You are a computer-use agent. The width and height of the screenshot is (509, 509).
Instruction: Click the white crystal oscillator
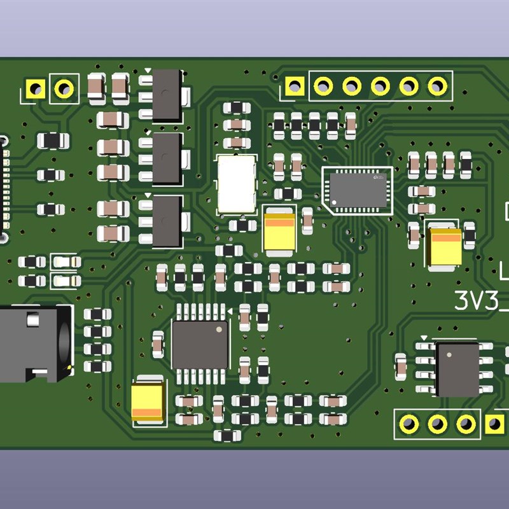(x=237, y=184)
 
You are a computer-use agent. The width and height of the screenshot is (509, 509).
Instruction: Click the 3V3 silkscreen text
(x=481, y=300)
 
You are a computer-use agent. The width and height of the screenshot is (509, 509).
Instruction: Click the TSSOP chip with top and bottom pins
(x=200, y=344)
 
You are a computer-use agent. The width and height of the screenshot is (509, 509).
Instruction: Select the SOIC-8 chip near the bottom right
(x=456, y=368)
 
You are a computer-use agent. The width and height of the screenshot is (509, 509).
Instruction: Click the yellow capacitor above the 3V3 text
(x=445, y=246)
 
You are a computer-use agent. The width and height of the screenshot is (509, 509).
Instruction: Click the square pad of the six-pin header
(x=294, y=85)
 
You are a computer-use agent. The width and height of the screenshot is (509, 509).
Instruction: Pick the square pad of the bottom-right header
(x=494, y=423)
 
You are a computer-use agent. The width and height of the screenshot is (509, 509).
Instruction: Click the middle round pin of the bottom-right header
(x=437, y=423)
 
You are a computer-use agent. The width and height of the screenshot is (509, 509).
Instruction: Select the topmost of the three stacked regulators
(x=167, y=95)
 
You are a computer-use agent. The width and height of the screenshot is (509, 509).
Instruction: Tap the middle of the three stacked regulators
(x=167, y=158)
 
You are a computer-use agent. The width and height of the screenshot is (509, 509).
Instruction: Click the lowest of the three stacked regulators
(x=167, y=221)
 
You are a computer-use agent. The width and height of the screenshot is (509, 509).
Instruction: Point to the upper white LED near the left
(x=66, y=261)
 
